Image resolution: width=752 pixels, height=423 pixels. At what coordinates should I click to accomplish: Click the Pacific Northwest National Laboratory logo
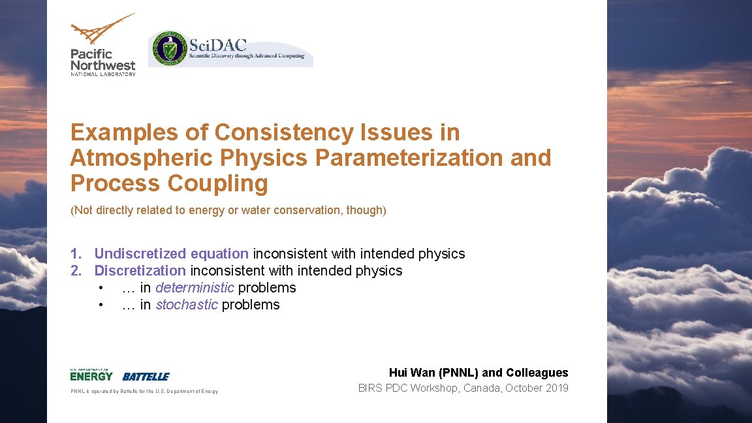(102, 46)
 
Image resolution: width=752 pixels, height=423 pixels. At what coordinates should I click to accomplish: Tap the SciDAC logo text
(218, 44)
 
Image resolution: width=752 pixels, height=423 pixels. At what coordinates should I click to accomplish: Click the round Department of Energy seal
(169, 48)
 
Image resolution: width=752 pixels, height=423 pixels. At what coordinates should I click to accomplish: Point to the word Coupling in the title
(217, 184)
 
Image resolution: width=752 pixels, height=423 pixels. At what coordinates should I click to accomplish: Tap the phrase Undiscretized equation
(171, 253)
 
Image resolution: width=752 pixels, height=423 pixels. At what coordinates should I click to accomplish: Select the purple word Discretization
(140, 270)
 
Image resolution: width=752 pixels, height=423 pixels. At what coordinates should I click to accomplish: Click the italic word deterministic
(195, 288)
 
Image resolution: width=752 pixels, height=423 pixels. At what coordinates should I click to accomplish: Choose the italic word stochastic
(187, 305)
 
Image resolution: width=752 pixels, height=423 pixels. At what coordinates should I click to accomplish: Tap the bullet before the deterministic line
(101, 288)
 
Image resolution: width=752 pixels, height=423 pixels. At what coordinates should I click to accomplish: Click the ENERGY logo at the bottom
(91, 375)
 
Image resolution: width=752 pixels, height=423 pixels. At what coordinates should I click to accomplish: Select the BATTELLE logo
(146, 377)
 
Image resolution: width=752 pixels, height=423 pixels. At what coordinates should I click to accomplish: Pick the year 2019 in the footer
(556, 388)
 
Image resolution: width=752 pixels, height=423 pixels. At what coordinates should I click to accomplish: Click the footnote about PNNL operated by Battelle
(144, 392)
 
